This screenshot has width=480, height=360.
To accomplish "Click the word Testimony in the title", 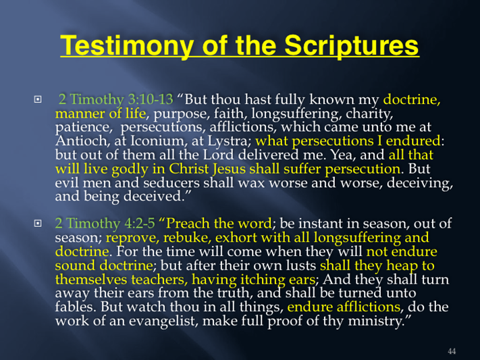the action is tap(127, 45).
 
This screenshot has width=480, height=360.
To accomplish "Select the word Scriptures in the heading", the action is tap(352, 45).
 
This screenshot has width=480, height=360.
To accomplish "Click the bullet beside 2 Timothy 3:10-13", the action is tap(38, 99).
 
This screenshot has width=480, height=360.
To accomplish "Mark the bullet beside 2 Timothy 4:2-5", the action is tap(38, 224).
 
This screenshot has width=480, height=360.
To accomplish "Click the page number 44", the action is tap(452, 351).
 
